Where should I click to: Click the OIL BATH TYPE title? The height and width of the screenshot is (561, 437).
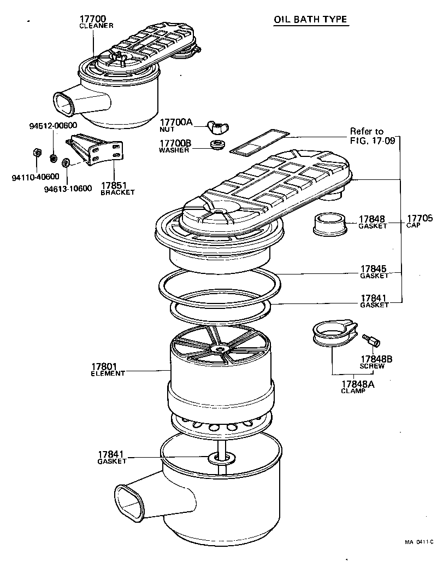pyautogui.click(x=310, y=20)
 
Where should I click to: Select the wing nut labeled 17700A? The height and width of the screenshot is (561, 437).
pyautogui.click(x=217, y=127)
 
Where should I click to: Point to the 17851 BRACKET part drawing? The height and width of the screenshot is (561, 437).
pyautogui.click(x=96, y=150)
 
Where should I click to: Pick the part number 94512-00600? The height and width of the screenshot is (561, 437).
pyautogui.click(x=52, y=125)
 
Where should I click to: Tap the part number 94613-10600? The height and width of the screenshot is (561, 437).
pyautogui.click(x=67, y=189)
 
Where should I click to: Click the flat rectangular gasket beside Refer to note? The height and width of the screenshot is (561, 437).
pyautogui.click(x=258, y=141)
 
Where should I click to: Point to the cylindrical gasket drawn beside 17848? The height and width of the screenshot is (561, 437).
pyautogui.click(x=329, y=223)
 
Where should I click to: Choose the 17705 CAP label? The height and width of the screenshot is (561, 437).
pyautogui.click(x=419, y=221)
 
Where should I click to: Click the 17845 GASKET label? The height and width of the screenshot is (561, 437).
pyautogui.click(x=374, y=272)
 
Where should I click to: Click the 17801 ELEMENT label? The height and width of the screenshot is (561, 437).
pyautogui.click(x=108, y=369)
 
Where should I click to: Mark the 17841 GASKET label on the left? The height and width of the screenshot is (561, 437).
pyautogui.click(x=112, y=457)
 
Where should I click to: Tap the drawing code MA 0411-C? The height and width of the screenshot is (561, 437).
pyautogui.click(x=418, y=542)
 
